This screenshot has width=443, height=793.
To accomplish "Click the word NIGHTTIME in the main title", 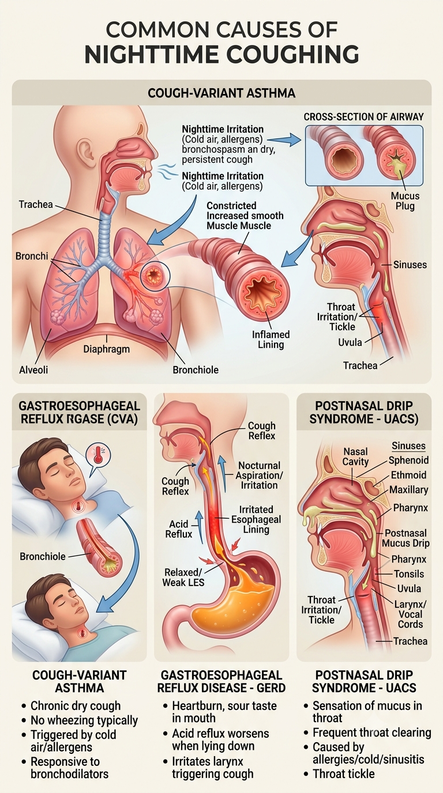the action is click(x=149, y=55).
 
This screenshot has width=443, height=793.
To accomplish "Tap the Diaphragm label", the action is click(x=106, y=349).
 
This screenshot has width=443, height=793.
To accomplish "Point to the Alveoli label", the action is click(x=33, y=370).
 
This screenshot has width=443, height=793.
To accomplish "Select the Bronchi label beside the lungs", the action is click(x=32, y=256).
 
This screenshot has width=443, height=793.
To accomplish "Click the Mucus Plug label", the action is click(x=405, y=201).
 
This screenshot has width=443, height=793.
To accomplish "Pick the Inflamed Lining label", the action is click(x=271, y=339).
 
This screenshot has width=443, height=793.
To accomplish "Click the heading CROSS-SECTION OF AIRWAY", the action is click(x=363, y=117).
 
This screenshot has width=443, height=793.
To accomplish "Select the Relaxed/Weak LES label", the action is click(x=183, y=577).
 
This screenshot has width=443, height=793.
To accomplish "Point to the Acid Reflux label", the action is click(x=179, y=529).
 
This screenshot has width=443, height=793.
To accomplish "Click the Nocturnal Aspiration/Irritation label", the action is click(x=259, y=475).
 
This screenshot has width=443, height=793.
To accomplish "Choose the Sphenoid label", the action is click(x=408, y=460).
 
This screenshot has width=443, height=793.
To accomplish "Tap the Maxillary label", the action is click(x=408, y=490).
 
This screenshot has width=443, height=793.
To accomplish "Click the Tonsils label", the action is click(x=409, y=574).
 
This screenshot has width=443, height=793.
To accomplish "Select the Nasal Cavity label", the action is click(x=356, y=456).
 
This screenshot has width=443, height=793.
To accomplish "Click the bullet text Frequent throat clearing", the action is click(x=372, y=732).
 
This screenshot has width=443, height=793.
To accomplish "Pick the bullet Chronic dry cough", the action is click(x=76, y=706).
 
